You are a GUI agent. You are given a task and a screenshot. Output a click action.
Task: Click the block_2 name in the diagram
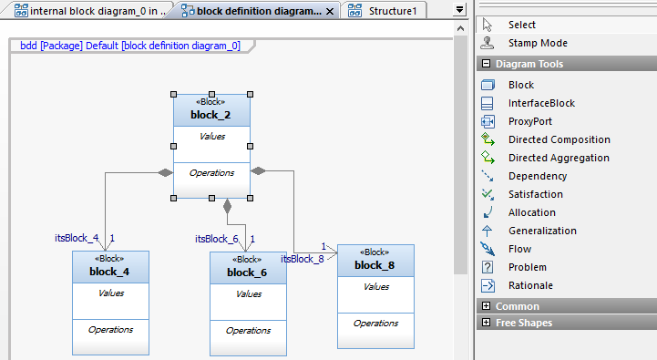pos(210,116)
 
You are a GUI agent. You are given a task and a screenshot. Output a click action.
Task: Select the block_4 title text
pos(109,272)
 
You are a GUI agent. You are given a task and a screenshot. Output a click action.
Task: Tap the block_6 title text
pos(247,273)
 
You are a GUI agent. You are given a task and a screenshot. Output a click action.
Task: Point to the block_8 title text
pos(375,265)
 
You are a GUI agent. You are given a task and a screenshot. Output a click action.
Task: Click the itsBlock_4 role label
pos(77,238)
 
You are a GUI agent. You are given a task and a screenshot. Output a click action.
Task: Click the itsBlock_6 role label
pos(217,239)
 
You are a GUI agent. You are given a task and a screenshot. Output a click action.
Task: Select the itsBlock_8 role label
pos(302,259)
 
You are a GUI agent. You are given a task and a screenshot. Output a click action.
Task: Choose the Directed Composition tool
pos(559,139)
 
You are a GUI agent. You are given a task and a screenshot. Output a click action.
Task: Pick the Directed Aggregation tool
pos(559,158)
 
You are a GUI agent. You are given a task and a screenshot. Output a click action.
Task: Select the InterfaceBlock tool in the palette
pos(541,103)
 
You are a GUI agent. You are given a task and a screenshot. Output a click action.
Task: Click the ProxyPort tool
pos(530,121)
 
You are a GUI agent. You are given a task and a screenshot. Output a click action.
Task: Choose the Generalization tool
pos(542,231)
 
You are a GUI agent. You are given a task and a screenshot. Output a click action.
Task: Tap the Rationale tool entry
pos(530,285)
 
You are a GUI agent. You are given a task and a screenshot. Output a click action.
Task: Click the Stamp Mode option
pos(538,43)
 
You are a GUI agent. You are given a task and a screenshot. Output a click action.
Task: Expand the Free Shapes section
pos(523,323)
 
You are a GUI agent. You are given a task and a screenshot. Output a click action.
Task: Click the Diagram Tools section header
pos(529,64)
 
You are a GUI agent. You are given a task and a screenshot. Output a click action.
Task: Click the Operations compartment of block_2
pos(211,172)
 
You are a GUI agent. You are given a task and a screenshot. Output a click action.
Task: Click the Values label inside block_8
pos(375,286)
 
